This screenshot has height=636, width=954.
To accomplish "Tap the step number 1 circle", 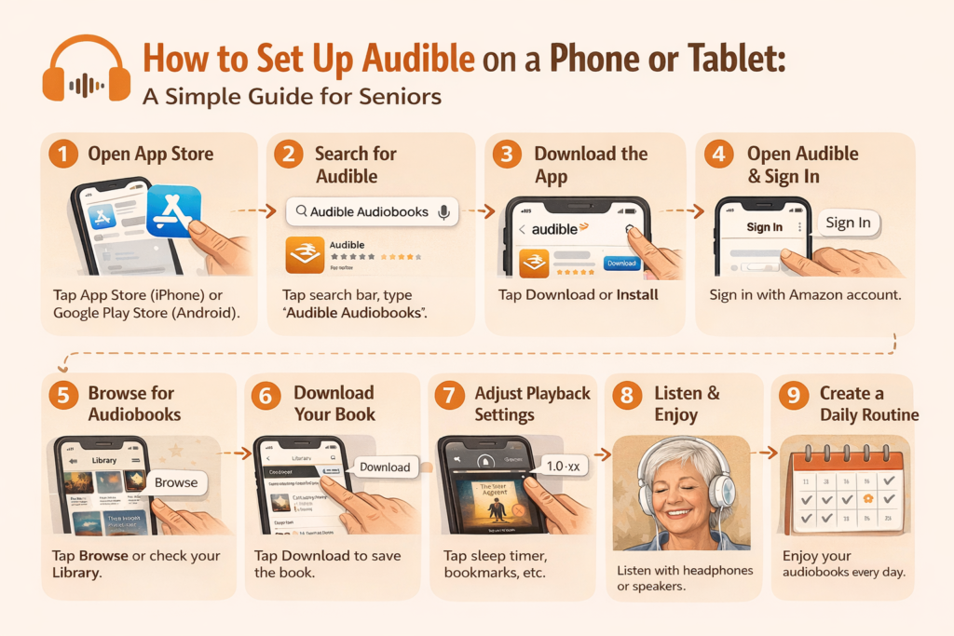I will pyautogui.click(x=63, y=155).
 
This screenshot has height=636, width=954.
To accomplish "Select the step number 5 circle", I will pyautogui.click(x=63, y=395).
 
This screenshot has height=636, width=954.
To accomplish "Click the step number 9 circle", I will pyautogui.click(x=794, y=395).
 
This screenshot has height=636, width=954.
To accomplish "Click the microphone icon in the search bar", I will pyautogui.click(x=443, y=211).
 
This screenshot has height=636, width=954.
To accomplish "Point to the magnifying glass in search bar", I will pyautogui.click(x=301, y=211).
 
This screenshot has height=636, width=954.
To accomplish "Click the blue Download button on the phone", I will pyautogui.click(x=621, y=264).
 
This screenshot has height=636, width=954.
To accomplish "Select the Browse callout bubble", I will pyautogui.click(x=176, y=482).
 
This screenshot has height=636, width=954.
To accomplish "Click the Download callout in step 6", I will pyautogui.click(x=385, y=467).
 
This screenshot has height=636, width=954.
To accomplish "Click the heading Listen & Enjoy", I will pyautogui.click(x=688, y=404).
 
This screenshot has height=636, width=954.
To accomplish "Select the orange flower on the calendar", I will pyautogui.click(x=866, y=497).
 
